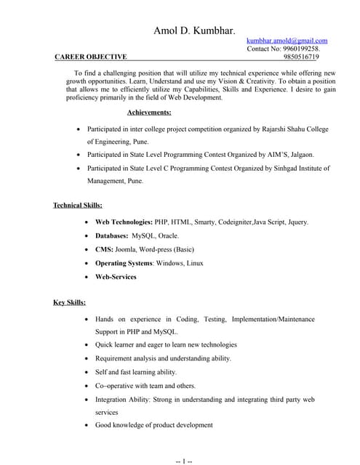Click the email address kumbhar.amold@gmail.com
(x=287, y=41)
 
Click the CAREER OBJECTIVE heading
(x=91, y=57)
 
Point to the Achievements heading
(x=149, y=113)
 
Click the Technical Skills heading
(x=78, y=206)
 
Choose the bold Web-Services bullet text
(x=116, y=277)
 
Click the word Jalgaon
(x=300, y=155)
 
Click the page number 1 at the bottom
(x=184, y=459)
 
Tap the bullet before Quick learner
(x=87, y=345)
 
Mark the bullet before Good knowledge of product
(x=87, y=425)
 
